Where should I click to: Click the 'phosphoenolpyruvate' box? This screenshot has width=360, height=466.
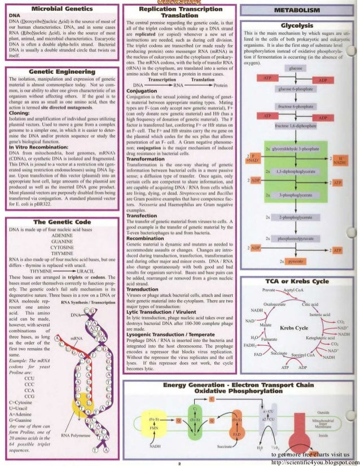296,239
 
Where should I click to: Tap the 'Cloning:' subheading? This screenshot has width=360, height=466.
19,128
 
